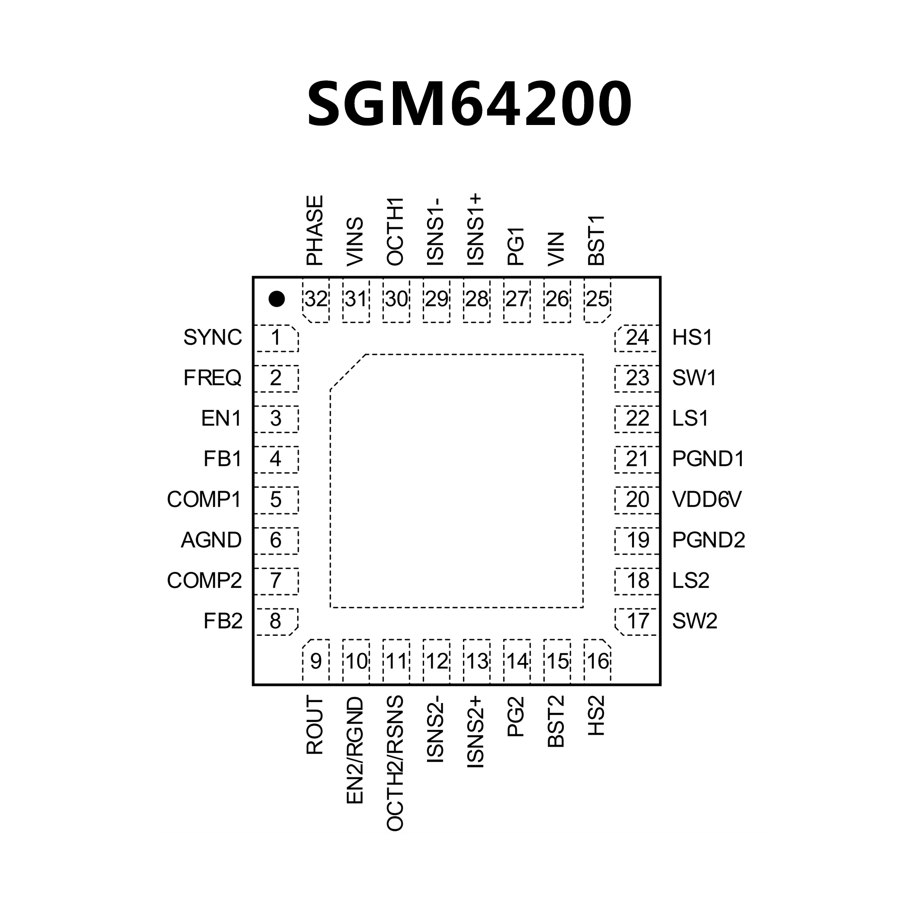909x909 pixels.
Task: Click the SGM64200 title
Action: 469,104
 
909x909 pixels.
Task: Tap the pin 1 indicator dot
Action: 276,299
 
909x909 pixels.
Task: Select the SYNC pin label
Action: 213,338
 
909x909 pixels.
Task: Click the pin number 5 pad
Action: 276,500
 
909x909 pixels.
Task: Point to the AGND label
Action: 211,540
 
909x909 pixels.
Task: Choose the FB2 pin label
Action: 223,621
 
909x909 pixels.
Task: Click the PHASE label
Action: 315,231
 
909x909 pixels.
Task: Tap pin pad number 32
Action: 316,300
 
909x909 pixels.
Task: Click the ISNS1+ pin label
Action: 475,230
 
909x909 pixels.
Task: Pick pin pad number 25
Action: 597,300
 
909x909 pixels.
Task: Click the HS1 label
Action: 692,338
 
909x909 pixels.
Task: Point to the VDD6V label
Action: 707,500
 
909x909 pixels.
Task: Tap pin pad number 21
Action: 637,459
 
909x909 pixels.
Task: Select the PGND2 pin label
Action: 709,540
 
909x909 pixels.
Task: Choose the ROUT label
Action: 315,725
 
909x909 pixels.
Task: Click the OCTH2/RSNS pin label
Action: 395,763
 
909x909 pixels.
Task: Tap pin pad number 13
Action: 477,661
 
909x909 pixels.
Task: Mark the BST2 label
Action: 556,722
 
